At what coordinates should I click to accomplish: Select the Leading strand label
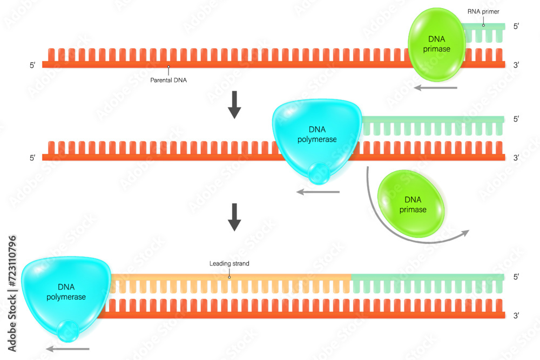click(229, 264)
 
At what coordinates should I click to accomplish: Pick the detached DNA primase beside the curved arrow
click(411, 205)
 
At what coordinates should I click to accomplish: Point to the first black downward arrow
click(234, 105)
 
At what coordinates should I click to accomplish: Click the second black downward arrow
click(234, 218)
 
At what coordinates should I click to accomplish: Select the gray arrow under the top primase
click(436, 87)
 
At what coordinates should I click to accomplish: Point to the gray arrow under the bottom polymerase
click(67, 349)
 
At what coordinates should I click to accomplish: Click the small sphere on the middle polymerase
click(319, 173)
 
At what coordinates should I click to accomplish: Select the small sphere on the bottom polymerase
click(69, 331)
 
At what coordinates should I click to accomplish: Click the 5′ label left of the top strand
click(32, 65)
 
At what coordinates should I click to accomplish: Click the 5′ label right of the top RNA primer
click(516, 26)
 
